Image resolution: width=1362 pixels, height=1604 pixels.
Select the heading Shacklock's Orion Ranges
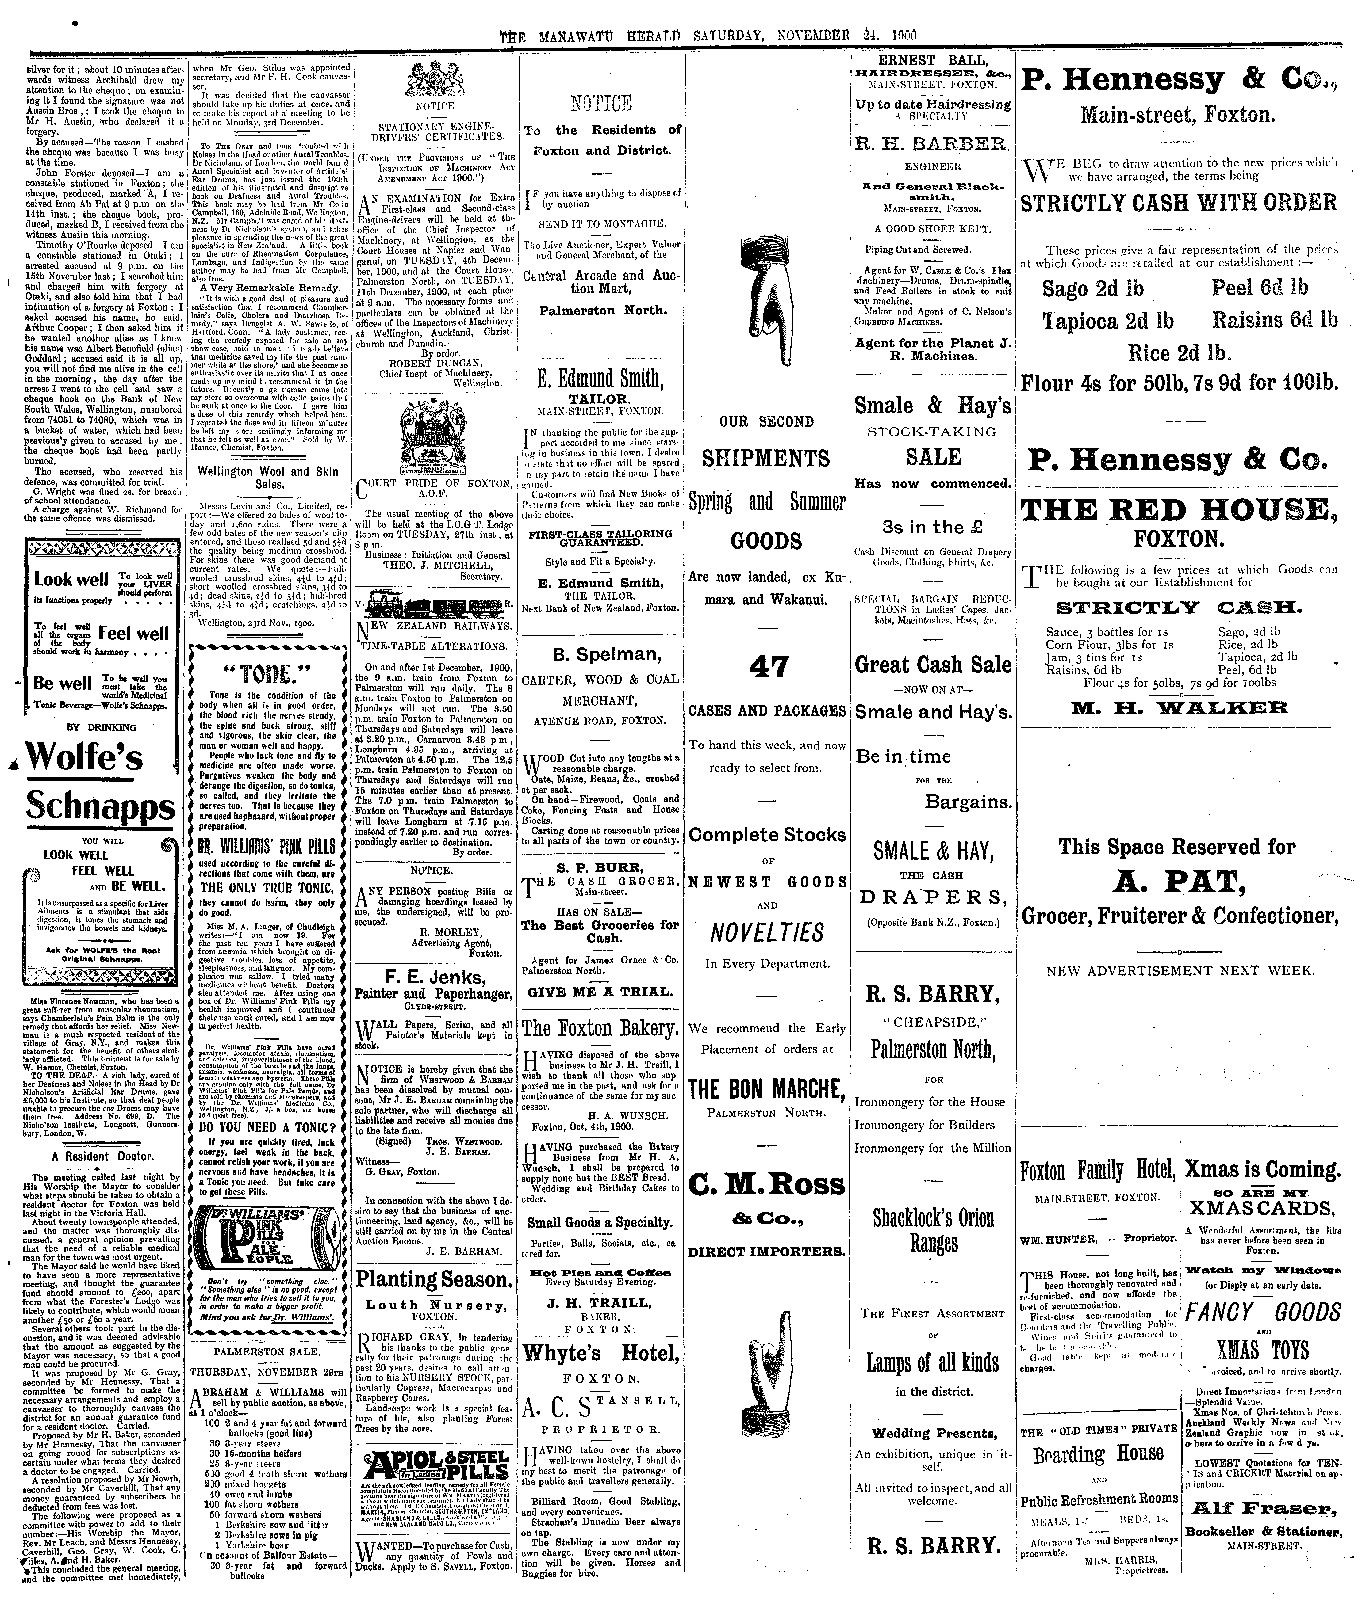(933, 1231)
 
